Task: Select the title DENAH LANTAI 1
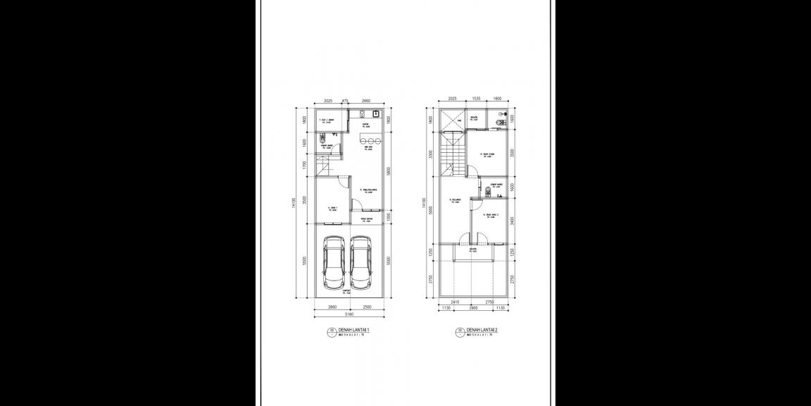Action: click(x=353, y=330)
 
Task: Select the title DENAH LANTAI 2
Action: click(x=482, y=330)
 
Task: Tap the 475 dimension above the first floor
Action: click(x=345, y=101)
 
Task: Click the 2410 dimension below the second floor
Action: click(x=455, y=302)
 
